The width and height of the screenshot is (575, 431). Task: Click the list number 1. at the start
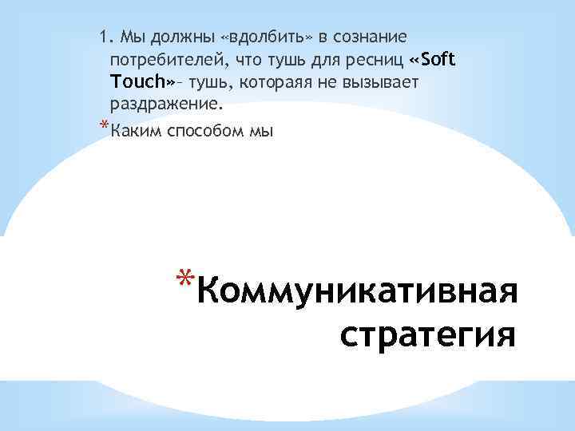[105, 37]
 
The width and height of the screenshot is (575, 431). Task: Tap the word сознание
[367, 37]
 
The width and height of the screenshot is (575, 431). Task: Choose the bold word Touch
[138, 82]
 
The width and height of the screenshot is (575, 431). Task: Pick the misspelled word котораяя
[267, 82]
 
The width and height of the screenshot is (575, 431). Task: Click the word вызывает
[383, 82]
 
